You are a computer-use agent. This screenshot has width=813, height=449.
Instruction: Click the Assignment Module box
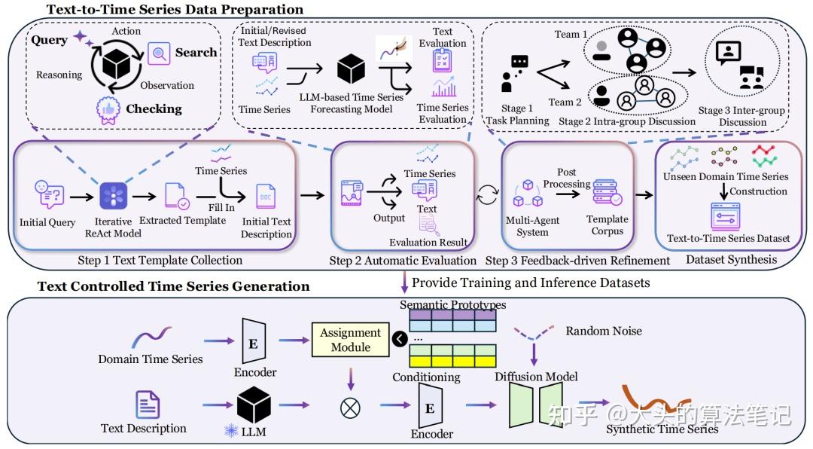pyautogui.click(x=351, y=339)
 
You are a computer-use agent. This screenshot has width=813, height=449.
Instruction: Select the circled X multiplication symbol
pyautogui.click(x=350, y=408)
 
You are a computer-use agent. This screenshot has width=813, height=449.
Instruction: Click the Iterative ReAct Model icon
pyautogui.click(x=114, y=195)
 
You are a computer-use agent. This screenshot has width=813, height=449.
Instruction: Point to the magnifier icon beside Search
pyautogui.click(x=159, y=53)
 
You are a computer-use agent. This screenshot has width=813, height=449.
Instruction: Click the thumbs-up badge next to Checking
pyautogui.click(x=109, y=110)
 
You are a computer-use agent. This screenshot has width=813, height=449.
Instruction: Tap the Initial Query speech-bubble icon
pyautogui.click(x=47, y=195)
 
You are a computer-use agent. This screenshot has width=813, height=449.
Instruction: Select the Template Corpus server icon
pyautogui.click(x=607, y=192)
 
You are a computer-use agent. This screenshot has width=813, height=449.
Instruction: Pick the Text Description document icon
pyautogui.click(x=147, y=405)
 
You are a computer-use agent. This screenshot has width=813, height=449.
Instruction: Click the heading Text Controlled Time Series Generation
pyautogui.click(x=173, y=286)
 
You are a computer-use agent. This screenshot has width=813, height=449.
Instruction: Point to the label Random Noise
pyautogui.click(x=603, y=331)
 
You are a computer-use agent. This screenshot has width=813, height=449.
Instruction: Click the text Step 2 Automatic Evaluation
pyautogui.click(x=403, y=261)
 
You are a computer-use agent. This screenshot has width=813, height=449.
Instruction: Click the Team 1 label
pyautogui.click(x=571, y=34)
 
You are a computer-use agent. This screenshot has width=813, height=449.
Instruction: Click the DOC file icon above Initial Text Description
pyautogui.click(x=266, y=197)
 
